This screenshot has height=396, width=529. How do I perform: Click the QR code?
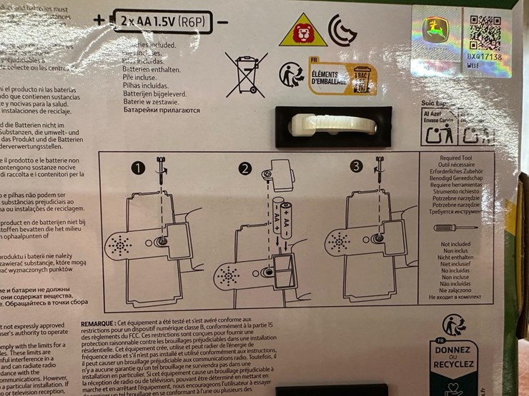tap(484, 32)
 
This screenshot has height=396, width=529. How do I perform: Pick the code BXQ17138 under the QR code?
tap(484, 56)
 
